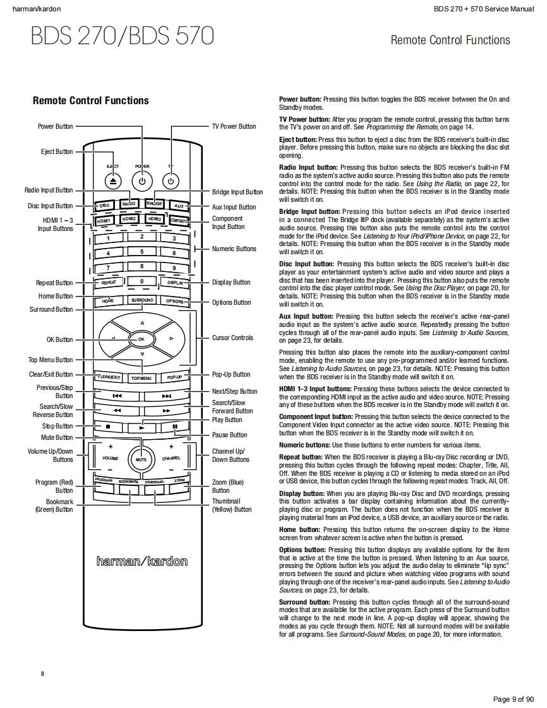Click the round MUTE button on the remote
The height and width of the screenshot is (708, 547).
point(141,459)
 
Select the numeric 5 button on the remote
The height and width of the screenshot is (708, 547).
point(142,251)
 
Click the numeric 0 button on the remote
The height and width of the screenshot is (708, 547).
point(142,281)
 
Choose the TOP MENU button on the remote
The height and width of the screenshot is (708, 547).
point(141,378)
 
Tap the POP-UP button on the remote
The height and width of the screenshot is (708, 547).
point(175,377)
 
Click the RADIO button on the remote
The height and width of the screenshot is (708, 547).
point(129,204)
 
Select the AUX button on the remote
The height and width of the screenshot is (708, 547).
point(179,206)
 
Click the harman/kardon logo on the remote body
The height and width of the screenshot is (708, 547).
point(142,561)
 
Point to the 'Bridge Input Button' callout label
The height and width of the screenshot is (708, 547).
point(237,192)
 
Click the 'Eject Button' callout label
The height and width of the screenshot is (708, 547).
point(57,151)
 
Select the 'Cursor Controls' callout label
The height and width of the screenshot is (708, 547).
point(232,338)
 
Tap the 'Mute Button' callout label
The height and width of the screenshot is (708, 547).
point(57,437)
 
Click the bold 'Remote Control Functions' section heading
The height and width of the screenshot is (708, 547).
point(90,100)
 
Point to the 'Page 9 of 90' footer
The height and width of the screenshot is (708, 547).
point(514,699)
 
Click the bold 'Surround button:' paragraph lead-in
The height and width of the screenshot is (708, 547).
point(304,602)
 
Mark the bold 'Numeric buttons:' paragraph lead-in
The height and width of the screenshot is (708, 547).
point(303,445)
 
